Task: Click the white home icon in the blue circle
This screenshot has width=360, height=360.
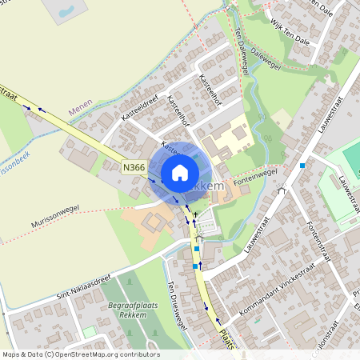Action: coord(180,172)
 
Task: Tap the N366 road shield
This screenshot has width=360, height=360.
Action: coord(134,167)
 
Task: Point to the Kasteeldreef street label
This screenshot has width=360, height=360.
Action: coord(139,110)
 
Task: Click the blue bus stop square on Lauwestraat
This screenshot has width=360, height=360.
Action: coord(302,165)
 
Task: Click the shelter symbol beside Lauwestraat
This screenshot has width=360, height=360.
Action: coord(281,191)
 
